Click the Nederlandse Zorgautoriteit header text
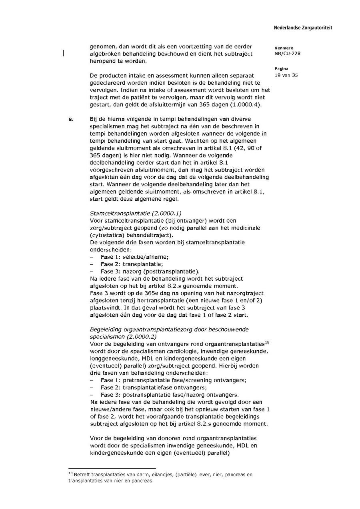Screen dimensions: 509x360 (303, 28)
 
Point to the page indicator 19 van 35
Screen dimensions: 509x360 (286, 75)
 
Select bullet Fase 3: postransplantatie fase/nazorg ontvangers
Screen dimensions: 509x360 (170, 395)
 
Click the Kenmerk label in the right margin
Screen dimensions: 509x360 (284, 48)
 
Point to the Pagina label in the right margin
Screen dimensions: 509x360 (281, 69)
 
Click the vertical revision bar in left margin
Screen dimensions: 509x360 (63, 54)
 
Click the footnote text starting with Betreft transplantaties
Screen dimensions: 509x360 (160, 478)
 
